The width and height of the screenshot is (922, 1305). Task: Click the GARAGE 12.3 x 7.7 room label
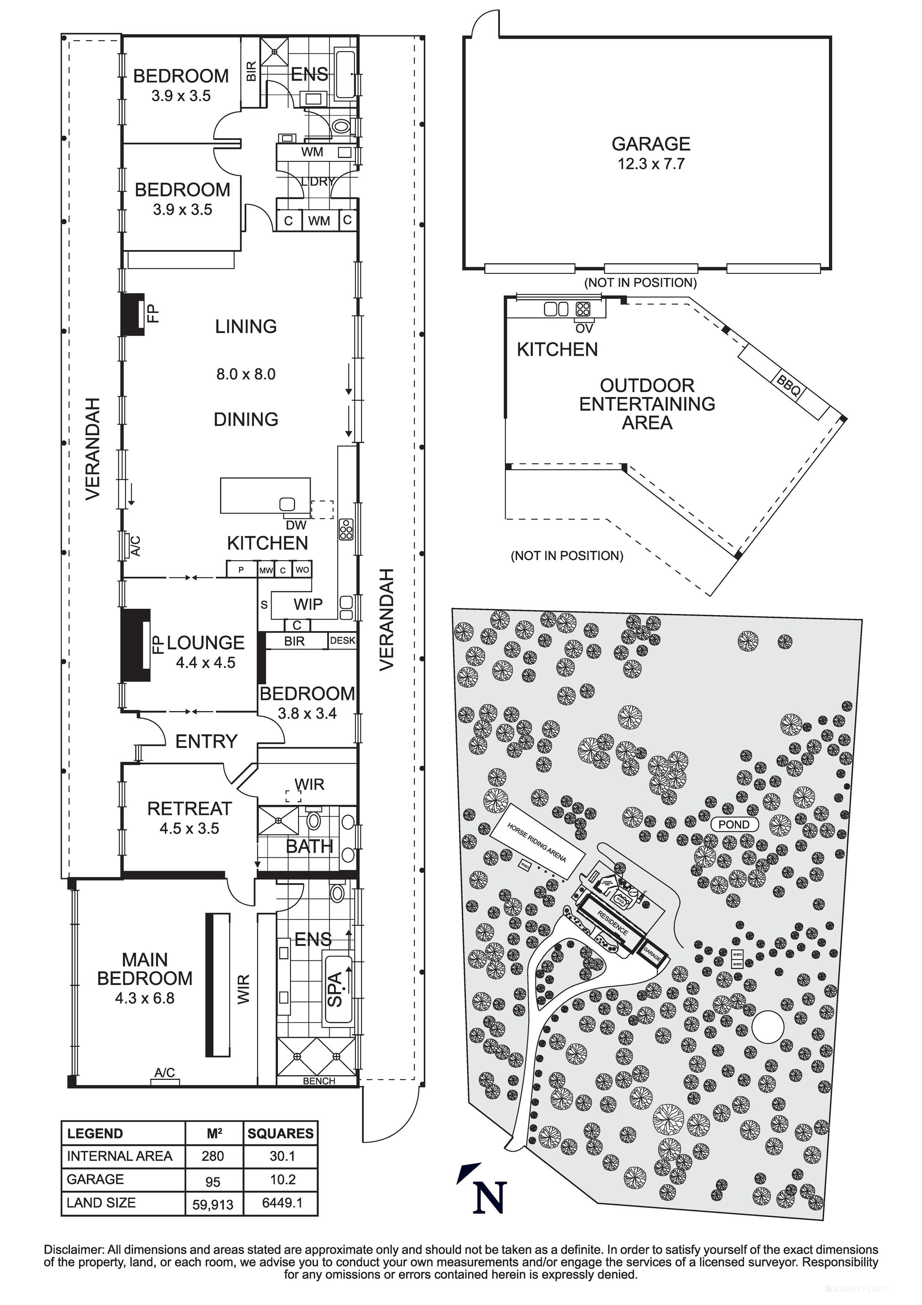click(651, 153)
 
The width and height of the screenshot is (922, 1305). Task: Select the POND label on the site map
click(734, 825)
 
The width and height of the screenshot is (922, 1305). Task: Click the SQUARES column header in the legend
click(280, 1134)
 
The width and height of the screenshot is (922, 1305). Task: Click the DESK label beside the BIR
click(342, 640)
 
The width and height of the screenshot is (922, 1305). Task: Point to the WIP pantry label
click(308, 604)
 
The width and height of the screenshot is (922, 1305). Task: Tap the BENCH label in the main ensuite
click(319, 1081)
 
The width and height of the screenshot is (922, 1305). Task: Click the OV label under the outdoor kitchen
click(584, 329)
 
